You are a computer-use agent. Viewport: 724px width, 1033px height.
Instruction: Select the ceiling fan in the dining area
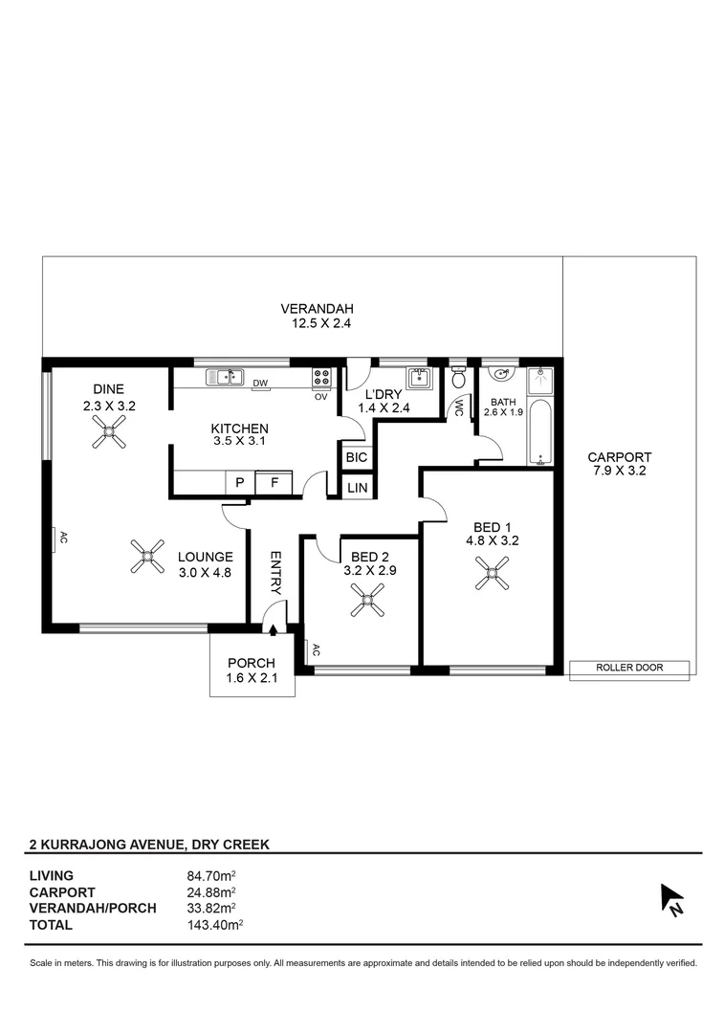coord(109,437)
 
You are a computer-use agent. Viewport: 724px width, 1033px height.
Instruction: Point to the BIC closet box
coord(356,457)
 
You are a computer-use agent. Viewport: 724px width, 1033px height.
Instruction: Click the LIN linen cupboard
coord(357,488)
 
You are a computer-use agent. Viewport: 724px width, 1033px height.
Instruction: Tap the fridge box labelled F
coord(274,483)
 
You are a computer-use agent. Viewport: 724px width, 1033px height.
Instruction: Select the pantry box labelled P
coord(239,483)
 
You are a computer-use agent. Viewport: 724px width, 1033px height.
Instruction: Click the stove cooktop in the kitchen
coord(321,378)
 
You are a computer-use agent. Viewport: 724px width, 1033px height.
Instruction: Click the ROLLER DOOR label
coord(628,669)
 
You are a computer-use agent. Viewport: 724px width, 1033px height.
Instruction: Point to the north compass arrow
coord(671,900)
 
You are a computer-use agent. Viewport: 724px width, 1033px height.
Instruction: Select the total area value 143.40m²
coord(214,924)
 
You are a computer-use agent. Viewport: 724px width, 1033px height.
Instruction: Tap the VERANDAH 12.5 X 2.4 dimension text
coord(317,316)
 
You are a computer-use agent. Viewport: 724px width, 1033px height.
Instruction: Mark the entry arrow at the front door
coord(274,629)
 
